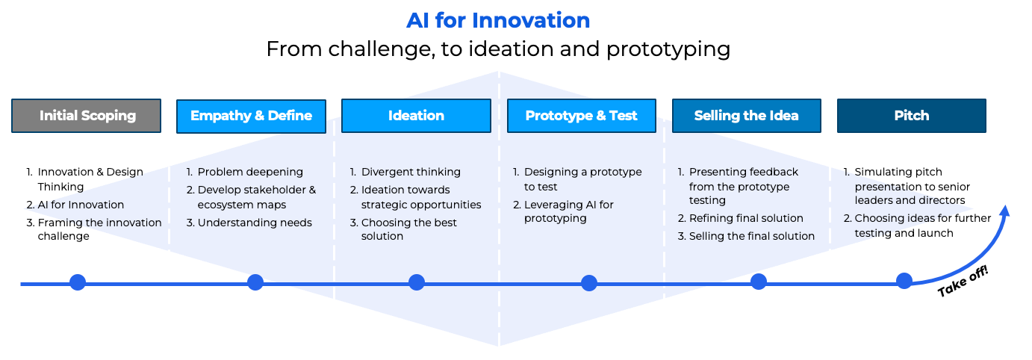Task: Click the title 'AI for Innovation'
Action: (x=498, y=20)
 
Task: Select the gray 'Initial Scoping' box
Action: (x=87, y=116)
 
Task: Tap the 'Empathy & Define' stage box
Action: (x=251, y=116)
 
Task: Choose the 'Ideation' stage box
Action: (x=416, y=116)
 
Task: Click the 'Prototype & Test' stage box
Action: (x=581, y=116)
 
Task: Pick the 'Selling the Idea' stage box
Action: (x=746, y=116)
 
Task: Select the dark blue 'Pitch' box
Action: (x=911, y=116)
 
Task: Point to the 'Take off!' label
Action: (x=963, y=281)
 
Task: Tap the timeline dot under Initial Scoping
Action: (x=78, y=282)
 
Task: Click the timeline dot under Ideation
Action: (x=417, y=282)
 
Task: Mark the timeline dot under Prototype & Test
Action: (x=589, y=283)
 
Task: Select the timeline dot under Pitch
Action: (x=904, y=281)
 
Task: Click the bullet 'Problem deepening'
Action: (x=250, y=172)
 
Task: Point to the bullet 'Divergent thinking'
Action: (x=411, y=172)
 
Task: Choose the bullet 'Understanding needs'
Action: (x=255, y=223)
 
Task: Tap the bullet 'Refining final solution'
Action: (x=746, y=218)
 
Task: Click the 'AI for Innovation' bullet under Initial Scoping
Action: (x=81, y=205)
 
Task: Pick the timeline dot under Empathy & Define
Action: (x=255, y=282)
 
